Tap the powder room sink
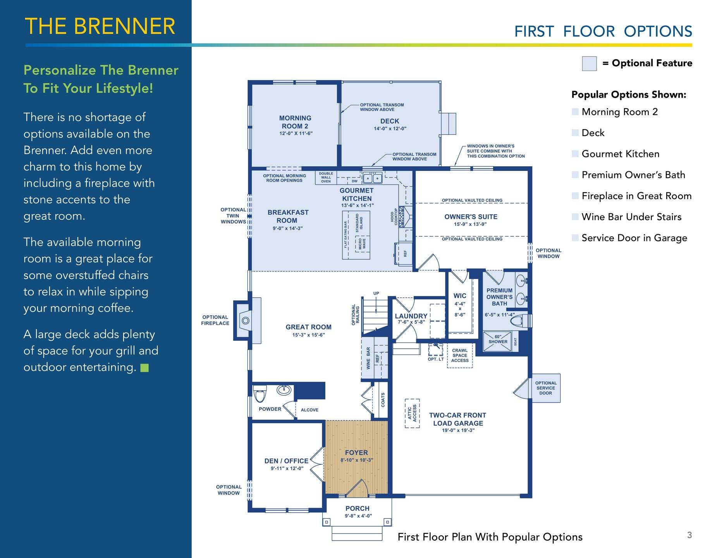click(x=285, y=389)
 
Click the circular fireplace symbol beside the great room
click(x=246, y=320)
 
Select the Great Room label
click(x=309, y=327)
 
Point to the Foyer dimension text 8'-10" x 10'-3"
click(x=356, y=460)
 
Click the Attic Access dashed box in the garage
click(x=412, y=413)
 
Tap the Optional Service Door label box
click(x=546, y=388)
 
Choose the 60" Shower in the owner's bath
click(x=498, y=341)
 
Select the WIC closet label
click(x=460, y=296)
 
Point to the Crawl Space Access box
click(x=460, y=355)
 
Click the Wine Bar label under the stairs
click(x=368, y=358)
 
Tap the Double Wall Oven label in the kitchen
click(x=326, y=177)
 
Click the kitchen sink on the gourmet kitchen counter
click(x=372, y=178)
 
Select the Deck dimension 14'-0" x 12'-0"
click(x=390, y=129)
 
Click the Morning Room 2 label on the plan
click(x=295, y=122)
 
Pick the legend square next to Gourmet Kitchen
click(x=575, y=153)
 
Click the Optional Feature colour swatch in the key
click(x=589, y=64)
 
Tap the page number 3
click(x=689, y=535)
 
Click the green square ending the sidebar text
click(x=144, y=368)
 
